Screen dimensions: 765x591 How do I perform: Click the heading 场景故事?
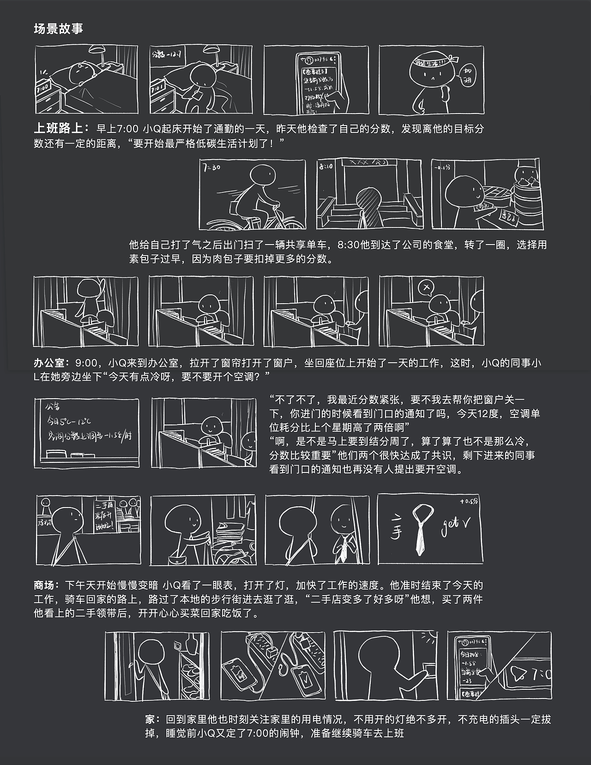click(x=58, y=29)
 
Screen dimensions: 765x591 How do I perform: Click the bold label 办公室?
click(x=51, y=363)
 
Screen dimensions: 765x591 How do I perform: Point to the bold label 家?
click(x=151, y=719)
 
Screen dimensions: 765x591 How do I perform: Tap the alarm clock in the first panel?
click(x=43, y=87)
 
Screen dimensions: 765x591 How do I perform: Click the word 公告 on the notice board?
click(x=52, y=407)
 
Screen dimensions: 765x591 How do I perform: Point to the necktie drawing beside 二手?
click(x=422, y=528)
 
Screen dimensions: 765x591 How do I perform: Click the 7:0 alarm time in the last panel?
click(x=540, y=675)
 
